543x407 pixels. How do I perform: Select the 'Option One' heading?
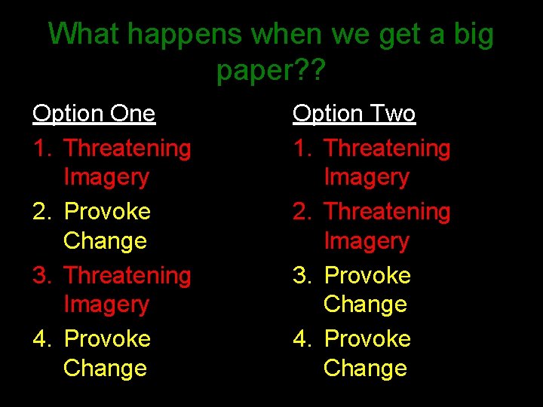tap(94, 114)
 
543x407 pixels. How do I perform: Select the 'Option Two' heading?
tap(354, 114)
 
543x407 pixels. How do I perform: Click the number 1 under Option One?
tap(41, 148)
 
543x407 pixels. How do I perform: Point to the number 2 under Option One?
tap(41, 212)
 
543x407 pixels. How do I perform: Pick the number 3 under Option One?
tap(41, 276)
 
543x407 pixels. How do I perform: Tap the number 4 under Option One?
tap(41, 339)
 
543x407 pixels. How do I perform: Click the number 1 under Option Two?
tap(301, 148)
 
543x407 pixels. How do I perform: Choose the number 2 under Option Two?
tap(301, 212)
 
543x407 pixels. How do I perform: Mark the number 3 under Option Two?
tap(301, 276)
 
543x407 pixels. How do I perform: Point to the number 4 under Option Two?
tap(301, 339)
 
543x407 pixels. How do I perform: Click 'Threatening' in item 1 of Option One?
tap(127, 148)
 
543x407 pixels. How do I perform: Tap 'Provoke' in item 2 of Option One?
tap(107, 212)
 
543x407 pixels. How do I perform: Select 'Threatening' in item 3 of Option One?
tap(127, 276)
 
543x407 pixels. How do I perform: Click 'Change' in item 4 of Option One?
tap(105, 369)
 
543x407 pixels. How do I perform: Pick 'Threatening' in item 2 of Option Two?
tap(387, 212)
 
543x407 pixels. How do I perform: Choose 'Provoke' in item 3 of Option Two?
tap(367, 276)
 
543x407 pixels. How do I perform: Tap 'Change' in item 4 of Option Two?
tap(365, 369)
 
